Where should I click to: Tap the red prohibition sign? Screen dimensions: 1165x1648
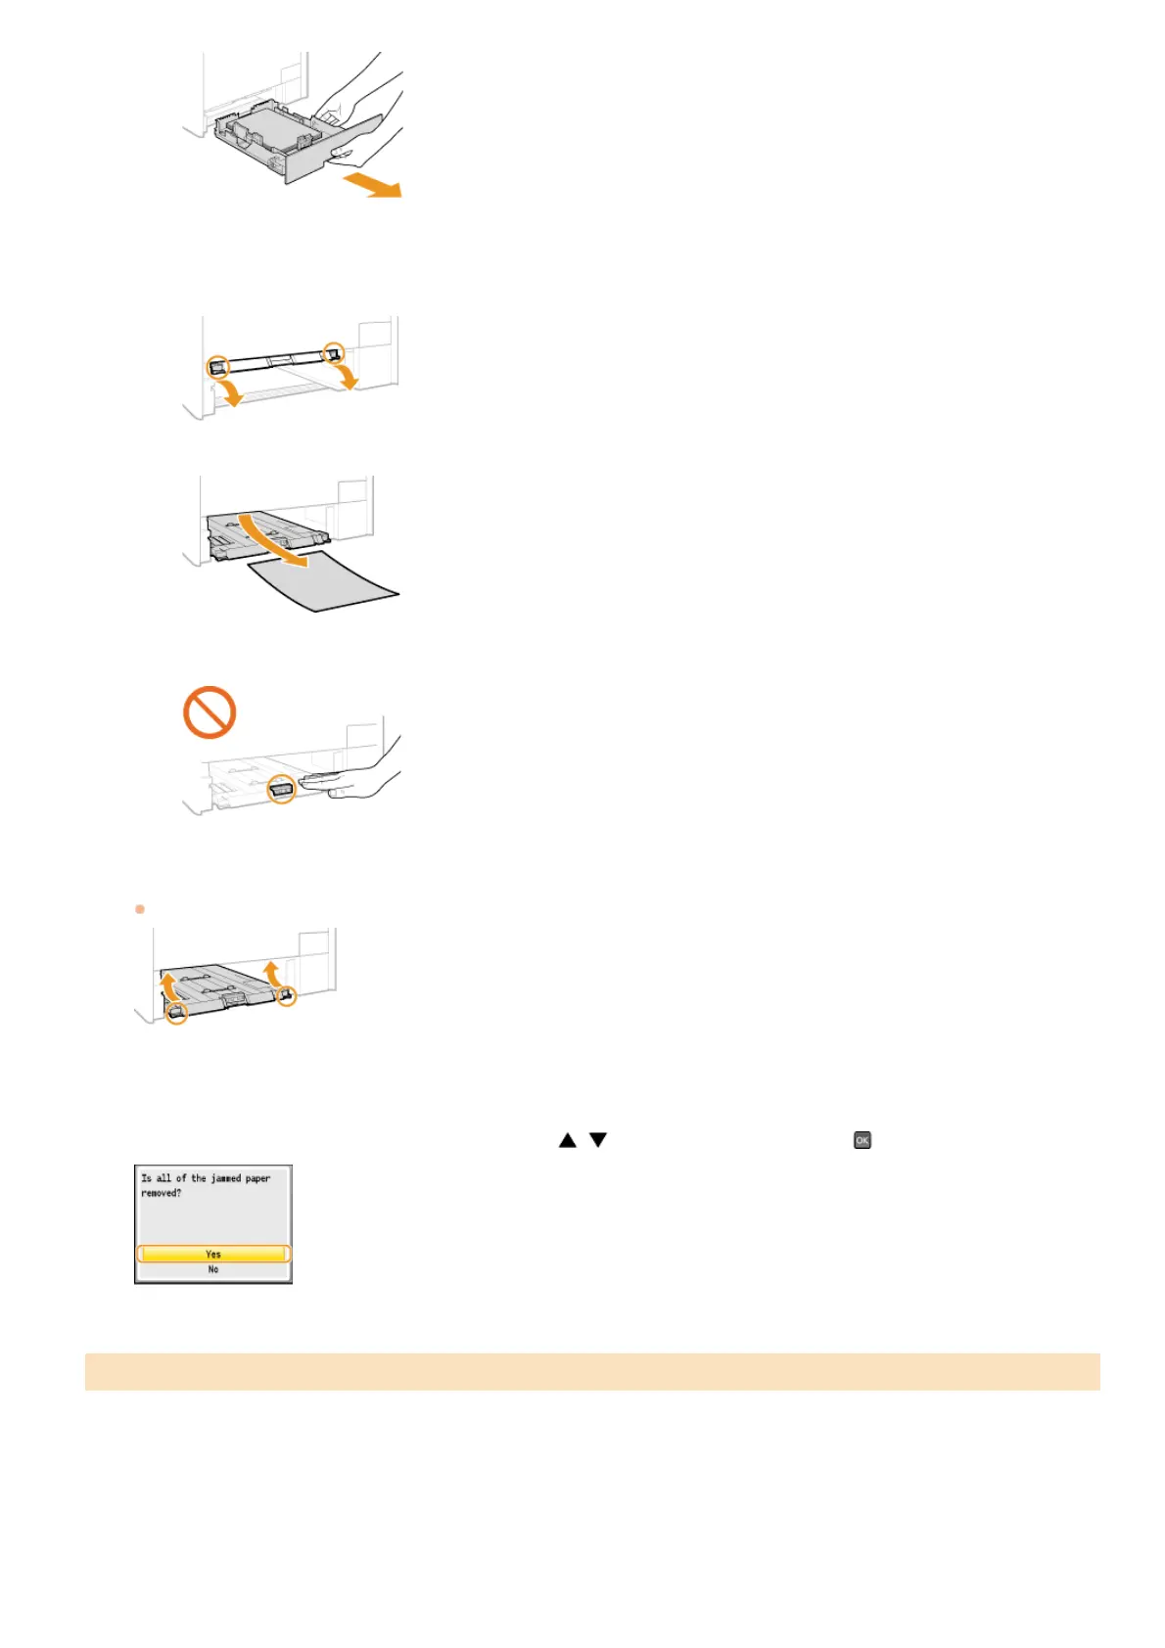[210, 712]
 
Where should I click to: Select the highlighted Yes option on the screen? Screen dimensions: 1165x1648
[213, 1254]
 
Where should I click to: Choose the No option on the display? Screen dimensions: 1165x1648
[213, 1269]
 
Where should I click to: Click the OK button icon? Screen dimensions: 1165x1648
[862, 1140]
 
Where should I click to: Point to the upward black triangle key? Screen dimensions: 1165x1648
[568, 1140]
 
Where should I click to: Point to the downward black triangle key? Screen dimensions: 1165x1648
[598, 1140]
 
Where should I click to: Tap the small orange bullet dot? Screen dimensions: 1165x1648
[140, 909]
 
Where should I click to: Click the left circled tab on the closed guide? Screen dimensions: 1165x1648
[219, 367]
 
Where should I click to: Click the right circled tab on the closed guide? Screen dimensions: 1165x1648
[334, 351]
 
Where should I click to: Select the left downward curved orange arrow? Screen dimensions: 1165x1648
[230, 391]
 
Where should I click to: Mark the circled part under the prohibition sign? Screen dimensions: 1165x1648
[282, 788]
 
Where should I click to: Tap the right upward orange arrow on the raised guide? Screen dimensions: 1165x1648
[272, 973]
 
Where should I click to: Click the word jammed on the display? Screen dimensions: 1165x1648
[226, 1178]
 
